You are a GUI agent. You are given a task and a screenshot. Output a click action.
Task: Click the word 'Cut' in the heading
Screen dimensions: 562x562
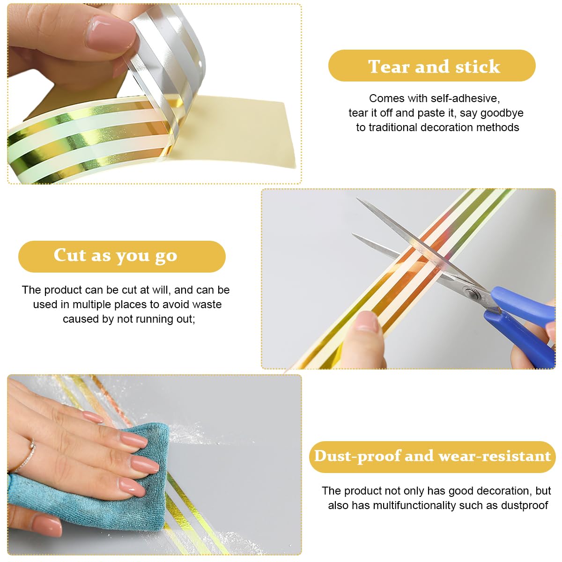pos(70,255)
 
